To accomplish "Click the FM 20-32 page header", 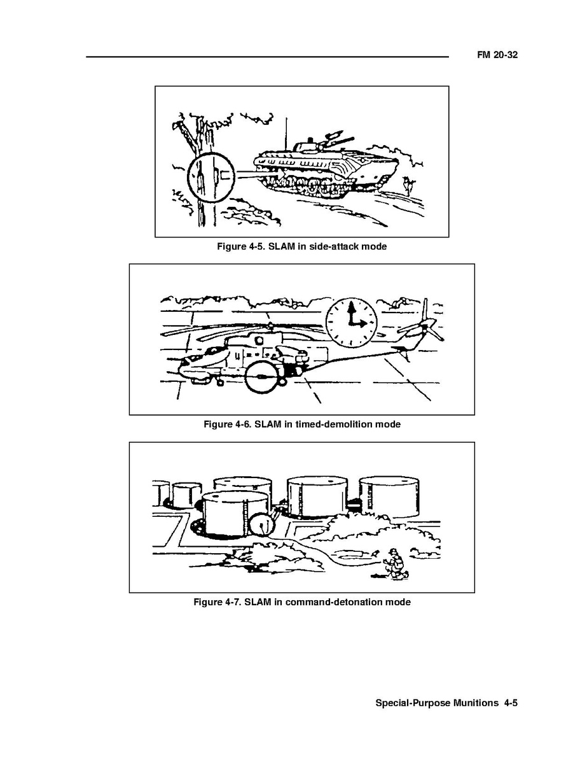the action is pos(497,55).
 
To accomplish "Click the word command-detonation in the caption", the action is pos(334,602).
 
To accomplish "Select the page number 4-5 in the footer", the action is pos(511,703).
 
